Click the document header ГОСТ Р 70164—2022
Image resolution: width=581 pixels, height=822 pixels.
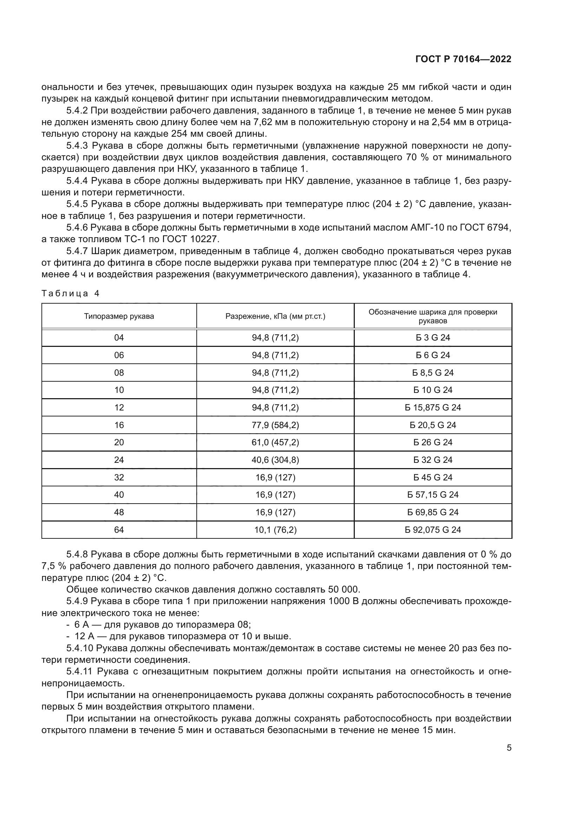click(x=463, y=59)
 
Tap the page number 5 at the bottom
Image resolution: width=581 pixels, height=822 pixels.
click(x=509, y=748)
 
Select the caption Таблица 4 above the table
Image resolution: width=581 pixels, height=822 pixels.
click(x=71, y=293)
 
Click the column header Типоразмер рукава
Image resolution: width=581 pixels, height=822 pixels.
click(x=119, y=316)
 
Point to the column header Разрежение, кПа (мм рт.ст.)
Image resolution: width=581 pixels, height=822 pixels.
click(x=275, y=316)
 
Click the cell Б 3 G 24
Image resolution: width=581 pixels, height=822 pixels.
click(x=432, y=338)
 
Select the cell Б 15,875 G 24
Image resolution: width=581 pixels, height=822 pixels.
click(x=432, y=407)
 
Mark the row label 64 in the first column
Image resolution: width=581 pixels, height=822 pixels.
click(x=119, y=530)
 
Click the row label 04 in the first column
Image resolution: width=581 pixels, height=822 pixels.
click(x=119, y=338)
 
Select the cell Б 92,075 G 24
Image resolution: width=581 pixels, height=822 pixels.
click(x=432, y=530)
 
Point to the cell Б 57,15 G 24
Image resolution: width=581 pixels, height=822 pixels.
click(x=432, y=495)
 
